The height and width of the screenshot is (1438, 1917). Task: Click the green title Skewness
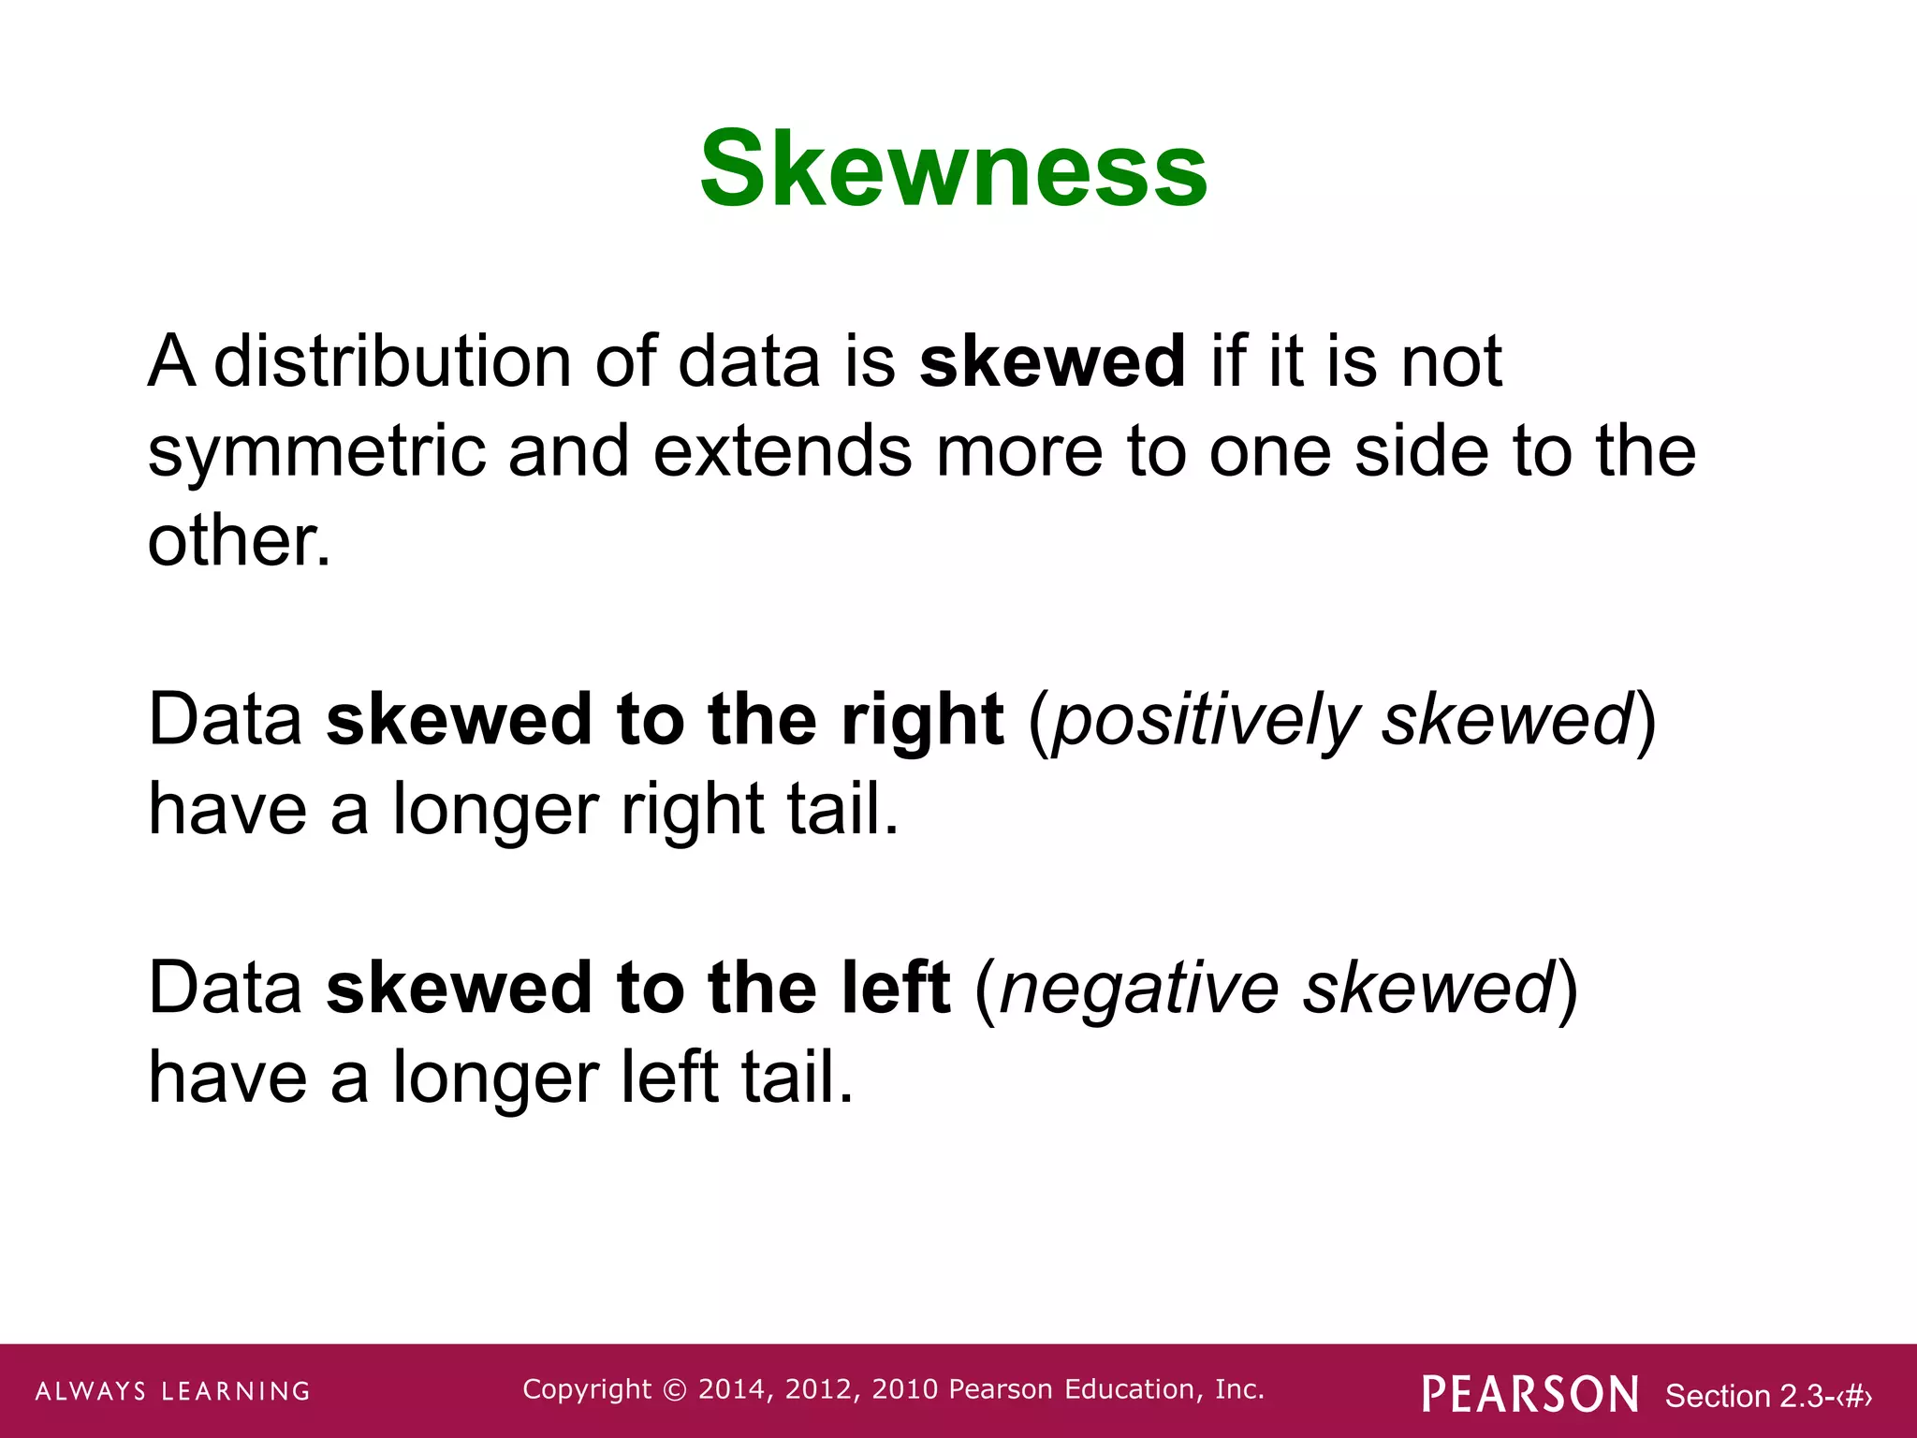coord(954,169)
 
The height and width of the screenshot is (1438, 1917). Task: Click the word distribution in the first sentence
coord(392,361)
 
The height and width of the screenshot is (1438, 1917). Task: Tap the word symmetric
coord(316,452)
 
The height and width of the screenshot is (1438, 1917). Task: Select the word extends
coord(782,452)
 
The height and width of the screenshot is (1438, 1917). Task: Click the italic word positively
coord(1205,722)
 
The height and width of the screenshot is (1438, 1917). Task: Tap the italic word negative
coord(1139,990)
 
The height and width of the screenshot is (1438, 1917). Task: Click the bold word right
coord(922,722)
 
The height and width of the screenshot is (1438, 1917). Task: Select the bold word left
coord(896,989)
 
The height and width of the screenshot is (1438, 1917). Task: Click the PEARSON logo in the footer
coord(1530,1394)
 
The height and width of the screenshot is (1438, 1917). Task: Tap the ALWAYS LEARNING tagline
coord(173,1391)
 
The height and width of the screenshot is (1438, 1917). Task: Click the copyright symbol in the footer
coord(674,1389)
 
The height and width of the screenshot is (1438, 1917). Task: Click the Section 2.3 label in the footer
coord(1767,1396)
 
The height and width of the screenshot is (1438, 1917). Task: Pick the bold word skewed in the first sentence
coord(1052,361)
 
